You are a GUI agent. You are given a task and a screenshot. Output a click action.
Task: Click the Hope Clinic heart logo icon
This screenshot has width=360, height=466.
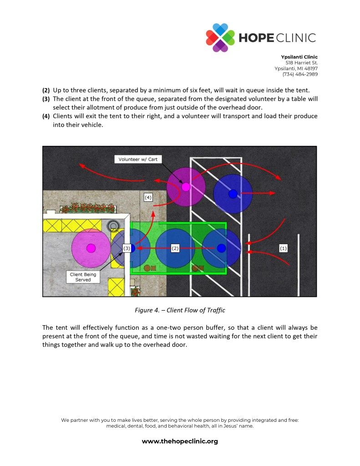[220, 37]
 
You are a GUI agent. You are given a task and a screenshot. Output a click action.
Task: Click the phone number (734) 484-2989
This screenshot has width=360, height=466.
[300, 74]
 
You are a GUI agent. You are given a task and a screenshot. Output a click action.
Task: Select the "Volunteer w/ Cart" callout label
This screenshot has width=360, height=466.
[137, 159]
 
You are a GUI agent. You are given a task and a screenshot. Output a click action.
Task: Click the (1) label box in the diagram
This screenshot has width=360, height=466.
[283, 248]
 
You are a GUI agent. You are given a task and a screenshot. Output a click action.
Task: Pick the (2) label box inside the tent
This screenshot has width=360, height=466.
[175, 248]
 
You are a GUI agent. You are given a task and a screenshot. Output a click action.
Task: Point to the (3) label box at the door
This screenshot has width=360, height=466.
[127, 248]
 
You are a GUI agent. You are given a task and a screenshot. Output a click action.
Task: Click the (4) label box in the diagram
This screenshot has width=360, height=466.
[148, 197]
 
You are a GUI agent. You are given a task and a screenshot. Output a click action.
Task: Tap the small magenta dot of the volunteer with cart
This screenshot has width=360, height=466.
[186, 187]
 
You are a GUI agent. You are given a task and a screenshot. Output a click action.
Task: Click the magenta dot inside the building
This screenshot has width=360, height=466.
[91, 248]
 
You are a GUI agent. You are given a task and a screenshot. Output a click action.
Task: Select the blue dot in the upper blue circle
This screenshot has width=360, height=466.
[233, 194]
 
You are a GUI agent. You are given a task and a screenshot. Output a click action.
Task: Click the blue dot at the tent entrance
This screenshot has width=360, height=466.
[222, 248]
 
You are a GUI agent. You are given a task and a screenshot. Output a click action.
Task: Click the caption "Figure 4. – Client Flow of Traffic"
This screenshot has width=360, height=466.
[180, 310]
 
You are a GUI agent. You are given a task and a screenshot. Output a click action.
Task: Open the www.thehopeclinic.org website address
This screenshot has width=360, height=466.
[180, 441]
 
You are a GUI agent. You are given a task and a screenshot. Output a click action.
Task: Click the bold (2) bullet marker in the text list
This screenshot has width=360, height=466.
[46, 90]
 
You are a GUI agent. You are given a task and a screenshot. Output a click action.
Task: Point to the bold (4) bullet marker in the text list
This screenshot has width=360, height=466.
[46, 116]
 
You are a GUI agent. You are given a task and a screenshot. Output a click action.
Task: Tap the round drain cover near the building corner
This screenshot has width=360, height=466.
[113, 225]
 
